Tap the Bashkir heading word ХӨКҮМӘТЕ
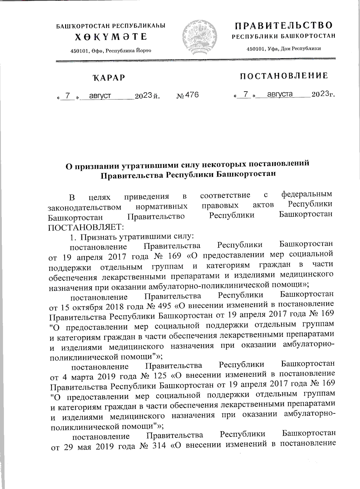(111, 37)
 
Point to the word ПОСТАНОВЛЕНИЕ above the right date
(284, 76)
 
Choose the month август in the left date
(96, 96)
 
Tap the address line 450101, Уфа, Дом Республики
(283, 49)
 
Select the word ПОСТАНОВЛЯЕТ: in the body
(84, 226)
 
